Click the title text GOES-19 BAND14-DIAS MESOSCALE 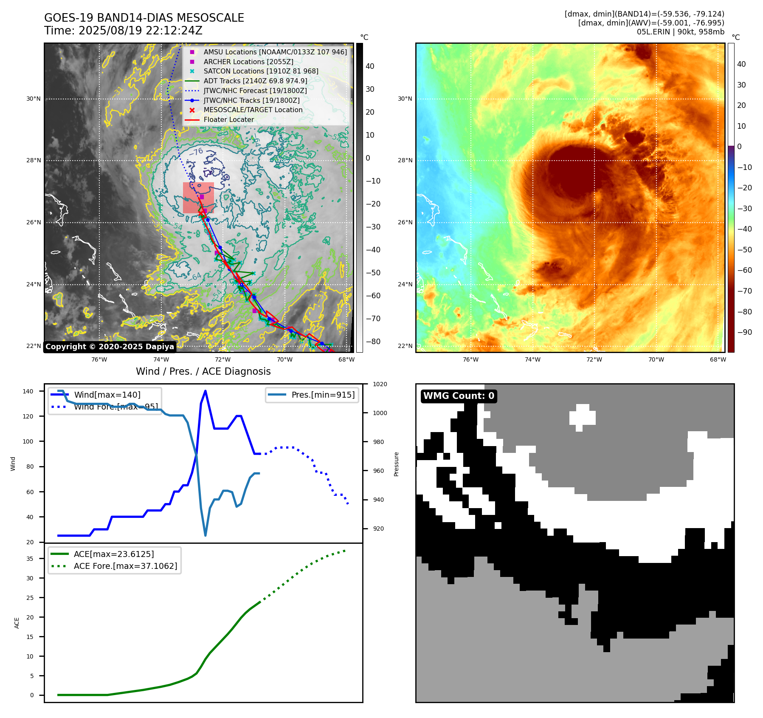point(144,18)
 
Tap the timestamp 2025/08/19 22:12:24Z point(140,31)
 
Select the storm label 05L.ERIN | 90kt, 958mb point(680,32)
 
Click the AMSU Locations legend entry point(275,52)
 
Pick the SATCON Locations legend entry point(261,71)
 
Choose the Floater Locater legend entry point(228,120)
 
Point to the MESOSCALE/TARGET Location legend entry point(253,110)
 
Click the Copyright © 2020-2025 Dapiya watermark point(110,347)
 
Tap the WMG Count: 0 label point(459,396)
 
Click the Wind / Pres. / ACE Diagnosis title point(203,371)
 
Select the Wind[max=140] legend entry point(107,395)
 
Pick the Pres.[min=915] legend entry point(323,395)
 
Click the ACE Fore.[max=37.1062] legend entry point(125,566)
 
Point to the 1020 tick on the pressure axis point(380,384)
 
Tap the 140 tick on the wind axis point(28,391)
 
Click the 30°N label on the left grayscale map point(34,99)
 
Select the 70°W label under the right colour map point(656,359)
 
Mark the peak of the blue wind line point(206,391)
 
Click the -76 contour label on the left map point(196,152)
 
